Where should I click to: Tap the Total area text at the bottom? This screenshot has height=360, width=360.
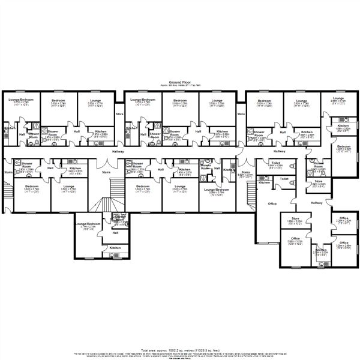[x=179, y=349]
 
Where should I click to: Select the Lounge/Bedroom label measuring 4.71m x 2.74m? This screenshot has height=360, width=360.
[x=87, y=223]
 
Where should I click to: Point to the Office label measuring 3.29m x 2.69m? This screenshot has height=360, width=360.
[x=343, y=243]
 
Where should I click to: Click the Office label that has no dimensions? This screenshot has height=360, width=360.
[x=272, y=204]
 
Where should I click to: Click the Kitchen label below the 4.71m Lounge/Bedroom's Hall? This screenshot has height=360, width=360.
[x=115, y=247]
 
